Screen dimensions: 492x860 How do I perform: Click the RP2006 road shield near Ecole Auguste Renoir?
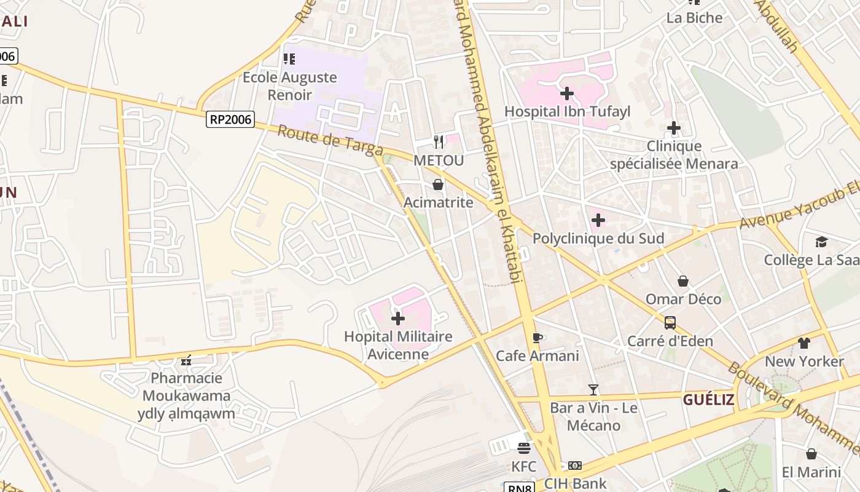tap(230, 119)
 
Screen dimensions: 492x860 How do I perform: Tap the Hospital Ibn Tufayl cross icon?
tap(567, 93)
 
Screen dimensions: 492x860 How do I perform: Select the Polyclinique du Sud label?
tap(598, 238)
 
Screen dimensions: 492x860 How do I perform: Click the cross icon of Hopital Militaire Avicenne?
tap(398, 319)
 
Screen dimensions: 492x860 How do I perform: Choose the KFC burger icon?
tap(523, 448)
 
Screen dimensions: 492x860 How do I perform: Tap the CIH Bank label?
tap(575, 483)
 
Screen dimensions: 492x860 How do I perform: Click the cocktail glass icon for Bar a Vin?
tap(593, 389)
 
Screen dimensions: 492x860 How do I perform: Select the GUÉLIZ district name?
tap(708, 400)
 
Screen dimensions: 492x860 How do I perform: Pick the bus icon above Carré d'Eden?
tap(670, 323)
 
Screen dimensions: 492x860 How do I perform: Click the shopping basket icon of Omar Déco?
tap(682, 281)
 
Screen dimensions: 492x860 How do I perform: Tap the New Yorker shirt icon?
tap(803, 343)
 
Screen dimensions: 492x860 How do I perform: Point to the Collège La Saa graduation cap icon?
tap(821, 242)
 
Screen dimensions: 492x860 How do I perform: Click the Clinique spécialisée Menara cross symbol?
tap(674, 128)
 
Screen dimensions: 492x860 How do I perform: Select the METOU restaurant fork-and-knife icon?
tap(438, 142)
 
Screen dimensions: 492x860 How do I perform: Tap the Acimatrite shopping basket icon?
tap(438, 184)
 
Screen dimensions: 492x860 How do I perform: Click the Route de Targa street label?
tap(330, 141)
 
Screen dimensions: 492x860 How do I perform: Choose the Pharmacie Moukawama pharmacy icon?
tap(186, 360)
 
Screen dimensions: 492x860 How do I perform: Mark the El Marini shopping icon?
tap(811, 454)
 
